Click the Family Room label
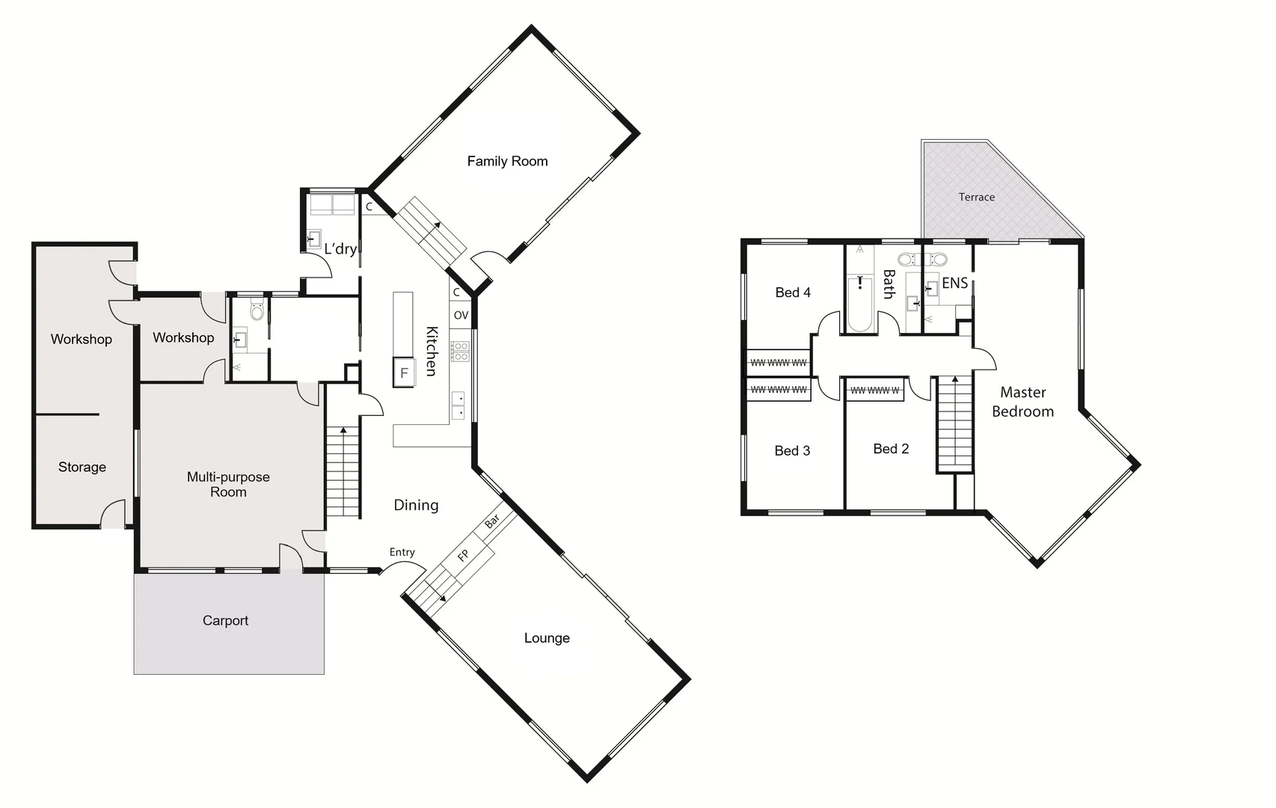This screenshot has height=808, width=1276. click(x=507, y=161)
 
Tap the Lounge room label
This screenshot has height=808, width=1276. click(x=547, y=638)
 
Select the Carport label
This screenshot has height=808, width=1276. click(x=225, y=620)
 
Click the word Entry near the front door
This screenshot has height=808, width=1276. click(x=402, y=552)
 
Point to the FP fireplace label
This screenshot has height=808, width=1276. click(x=463, y=555)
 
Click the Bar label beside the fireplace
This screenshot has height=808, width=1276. click(x=492, y=522)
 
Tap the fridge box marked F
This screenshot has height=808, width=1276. click(x=404, y=373)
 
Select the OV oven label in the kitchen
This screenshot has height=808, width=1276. click(x=461, y=315)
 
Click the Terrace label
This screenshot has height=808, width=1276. click(x=976, y=197)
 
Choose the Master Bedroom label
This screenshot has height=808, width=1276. click(x=1022, y=402)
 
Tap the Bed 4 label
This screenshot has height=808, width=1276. click(x=793, y=293)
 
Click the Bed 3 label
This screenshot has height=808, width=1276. click(x=792, y=450)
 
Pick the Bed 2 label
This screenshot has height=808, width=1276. click(x=891, y=449)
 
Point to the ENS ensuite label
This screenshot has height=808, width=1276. click(x=954, y=283)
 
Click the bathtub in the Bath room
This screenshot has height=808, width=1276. click(x=859, y=303)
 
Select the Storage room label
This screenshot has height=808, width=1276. click(x=82, y=467)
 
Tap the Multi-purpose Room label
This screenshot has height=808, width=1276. click(x=228, y=484)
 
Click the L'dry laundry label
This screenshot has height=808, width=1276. click(x=340, y=248)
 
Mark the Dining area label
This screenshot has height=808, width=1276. click(x=416, y=505)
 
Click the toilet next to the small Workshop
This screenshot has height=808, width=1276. click(x=257, y=311)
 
